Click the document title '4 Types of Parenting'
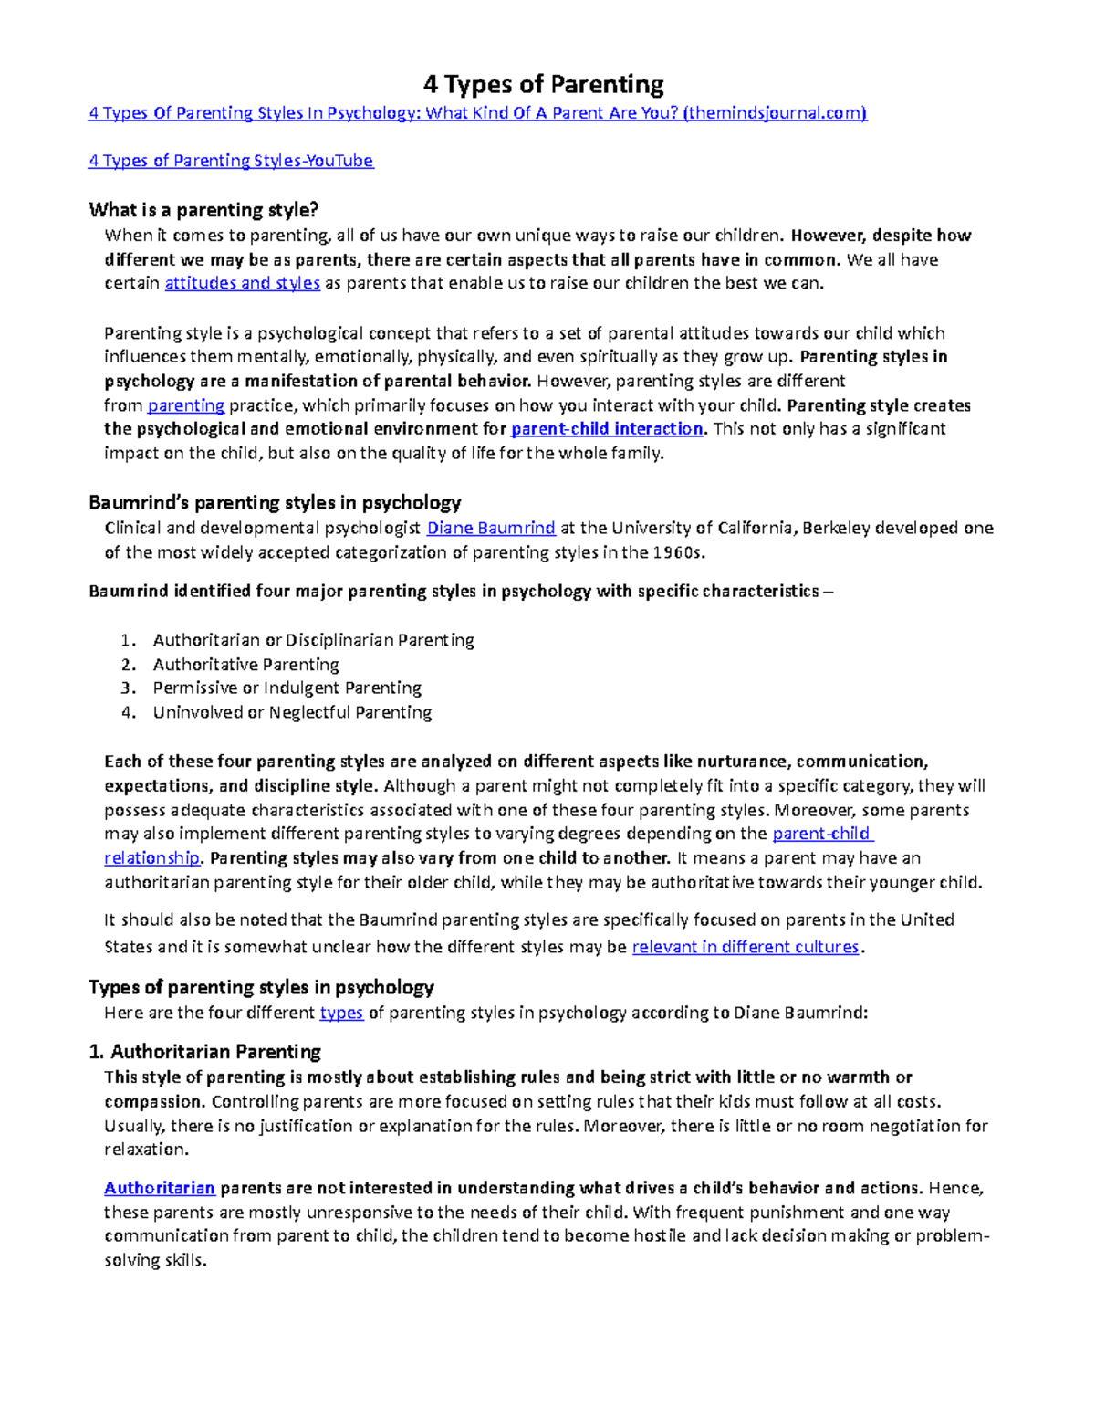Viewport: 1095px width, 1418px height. pos(544,85)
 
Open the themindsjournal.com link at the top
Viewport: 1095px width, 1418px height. pos(477,113)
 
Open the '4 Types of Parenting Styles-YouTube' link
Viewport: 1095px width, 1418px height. pos(231,161)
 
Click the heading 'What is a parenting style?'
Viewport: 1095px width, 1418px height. pos(203,210)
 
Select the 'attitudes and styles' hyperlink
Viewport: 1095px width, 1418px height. pos(242,283)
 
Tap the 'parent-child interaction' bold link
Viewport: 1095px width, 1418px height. pos(607,429)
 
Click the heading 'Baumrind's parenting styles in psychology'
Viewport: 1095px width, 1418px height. pos(275,502)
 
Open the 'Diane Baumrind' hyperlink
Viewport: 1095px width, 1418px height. pos(491,528)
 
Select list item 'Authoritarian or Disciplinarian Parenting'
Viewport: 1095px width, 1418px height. pos(313,640)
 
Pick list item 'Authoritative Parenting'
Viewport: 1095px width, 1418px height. pos(245,665)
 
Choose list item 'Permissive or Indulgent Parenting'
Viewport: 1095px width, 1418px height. pos(287,688)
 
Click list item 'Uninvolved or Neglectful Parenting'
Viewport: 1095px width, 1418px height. pos(292,712)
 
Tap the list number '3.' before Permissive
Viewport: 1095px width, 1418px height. pos(128,688)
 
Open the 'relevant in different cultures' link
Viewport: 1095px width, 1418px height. pos(746,947)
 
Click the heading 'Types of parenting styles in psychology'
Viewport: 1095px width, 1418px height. pos(261,987)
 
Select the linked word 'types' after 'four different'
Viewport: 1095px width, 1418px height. pos(341,1013)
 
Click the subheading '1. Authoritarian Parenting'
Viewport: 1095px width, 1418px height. pos(204,1052)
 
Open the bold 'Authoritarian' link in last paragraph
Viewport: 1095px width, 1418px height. pos(160,1188)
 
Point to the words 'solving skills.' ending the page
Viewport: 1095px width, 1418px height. pos(155,1261)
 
